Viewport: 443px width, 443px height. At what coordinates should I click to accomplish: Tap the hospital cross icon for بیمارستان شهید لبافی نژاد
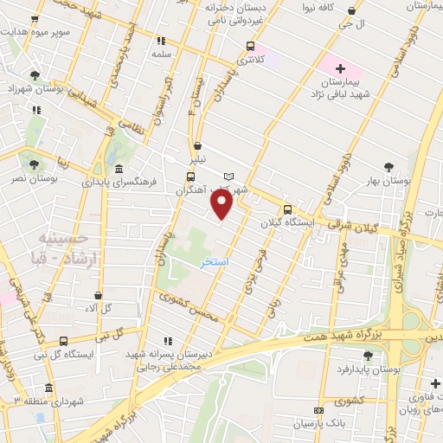pos(339,67)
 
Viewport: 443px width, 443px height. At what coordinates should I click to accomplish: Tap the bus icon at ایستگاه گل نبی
pos(63,342)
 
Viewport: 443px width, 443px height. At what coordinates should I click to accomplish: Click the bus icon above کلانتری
pos(250,47)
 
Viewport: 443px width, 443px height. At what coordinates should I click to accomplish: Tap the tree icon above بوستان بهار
pos(387,169)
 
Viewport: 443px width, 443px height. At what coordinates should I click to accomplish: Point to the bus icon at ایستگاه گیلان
pos(287,209)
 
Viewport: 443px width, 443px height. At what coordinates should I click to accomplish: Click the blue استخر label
pos(214,260)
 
